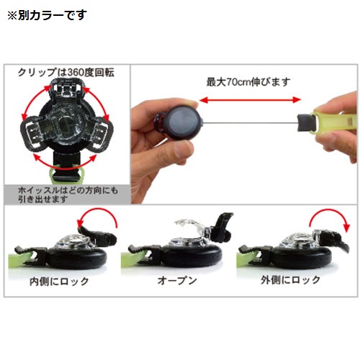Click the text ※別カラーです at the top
click(47, 15)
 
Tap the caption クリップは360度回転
click(66, 72)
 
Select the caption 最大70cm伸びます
click(248, 82)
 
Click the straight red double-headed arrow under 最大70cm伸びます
click(250, 100)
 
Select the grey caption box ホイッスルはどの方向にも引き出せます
click(68, 194)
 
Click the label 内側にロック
click(59, 282)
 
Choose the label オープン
click(177, 280)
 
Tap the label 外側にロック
click(291, 280)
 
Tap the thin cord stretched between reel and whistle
click(250, 123)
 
